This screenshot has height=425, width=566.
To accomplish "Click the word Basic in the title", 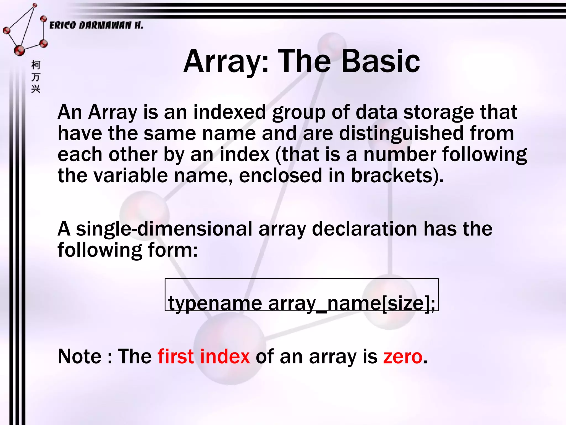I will (381, 61).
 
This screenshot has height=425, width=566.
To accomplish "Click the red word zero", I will (403, 357).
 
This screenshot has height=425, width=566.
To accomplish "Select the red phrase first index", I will (204, 356).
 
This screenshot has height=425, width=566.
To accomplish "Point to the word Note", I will (80, 356).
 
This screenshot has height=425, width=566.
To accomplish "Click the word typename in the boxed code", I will (215, 304).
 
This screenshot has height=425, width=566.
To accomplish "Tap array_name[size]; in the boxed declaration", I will (352, 304).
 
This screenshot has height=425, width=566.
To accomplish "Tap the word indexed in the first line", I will (229, 112).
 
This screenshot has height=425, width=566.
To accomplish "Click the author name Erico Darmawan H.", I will (96, 25).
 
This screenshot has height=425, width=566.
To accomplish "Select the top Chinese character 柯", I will (36, 65).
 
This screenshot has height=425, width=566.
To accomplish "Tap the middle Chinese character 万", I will (36, 77).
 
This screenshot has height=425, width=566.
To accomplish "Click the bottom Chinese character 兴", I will (36, 89).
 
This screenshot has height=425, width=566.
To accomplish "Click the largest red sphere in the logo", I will (19, 51).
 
